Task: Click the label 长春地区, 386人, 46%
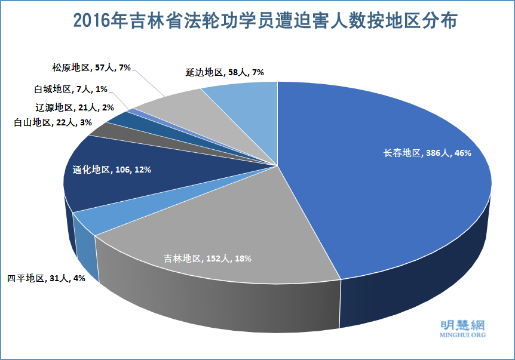pyautogui.click(x=427, y=153)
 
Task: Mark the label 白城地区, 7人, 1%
pyautogui.click(x=70, y=89)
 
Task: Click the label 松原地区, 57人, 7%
pyautogui.click(x=91, y=68)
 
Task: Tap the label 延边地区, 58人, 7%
pyautogui.click(x=225, y=73)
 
